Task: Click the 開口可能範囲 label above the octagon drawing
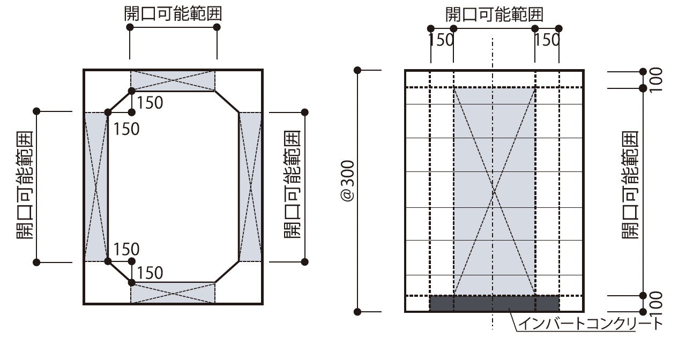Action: point(173,14)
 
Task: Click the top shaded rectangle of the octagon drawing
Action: point(173,80)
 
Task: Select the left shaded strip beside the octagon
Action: point(96,186)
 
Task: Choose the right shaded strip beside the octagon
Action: point(250,186)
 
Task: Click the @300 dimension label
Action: point(348,181)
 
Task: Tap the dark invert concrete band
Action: point(494,303)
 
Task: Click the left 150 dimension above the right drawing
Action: point(442,40)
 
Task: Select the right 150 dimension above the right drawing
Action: point(547,40)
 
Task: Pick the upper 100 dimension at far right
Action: point(655,79)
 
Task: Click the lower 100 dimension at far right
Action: point(655,303)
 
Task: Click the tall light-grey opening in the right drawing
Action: point(494,161)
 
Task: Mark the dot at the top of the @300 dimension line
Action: point(358,70)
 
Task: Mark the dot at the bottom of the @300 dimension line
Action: point(358,311)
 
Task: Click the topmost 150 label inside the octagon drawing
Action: point(150,102)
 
